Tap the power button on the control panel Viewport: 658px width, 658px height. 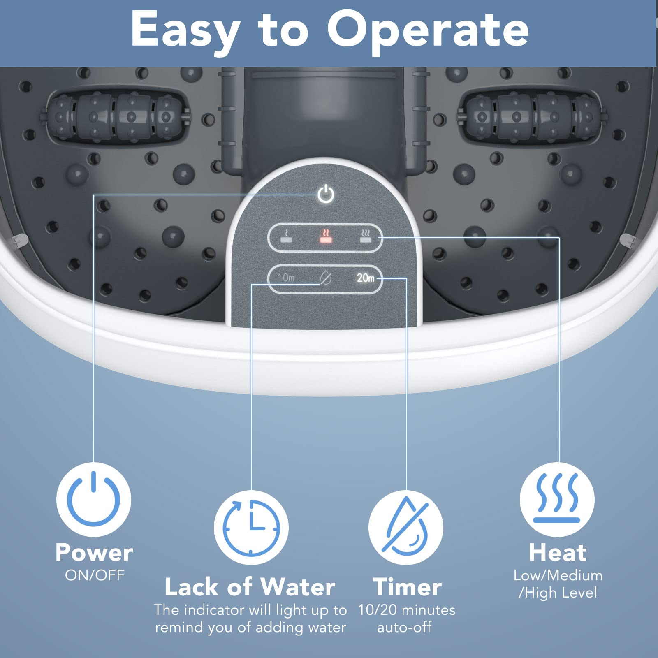point(326,194)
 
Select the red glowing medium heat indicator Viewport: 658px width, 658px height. point(326,236)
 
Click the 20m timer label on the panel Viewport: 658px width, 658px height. point(365,278)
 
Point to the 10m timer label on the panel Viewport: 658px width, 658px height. point(286,278)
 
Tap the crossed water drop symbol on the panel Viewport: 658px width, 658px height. point(326,278)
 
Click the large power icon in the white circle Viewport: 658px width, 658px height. point(94,499)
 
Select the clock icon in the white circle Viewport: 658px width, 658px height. point(251,528)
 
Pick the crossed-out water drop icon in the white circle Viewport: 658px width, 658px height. point(405,528)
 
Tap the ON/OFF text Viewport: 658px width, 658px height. point(95,575)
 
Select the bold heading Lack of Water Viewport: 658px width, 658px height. point(250,587)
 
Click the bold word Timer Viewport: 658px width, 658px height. point(407,587)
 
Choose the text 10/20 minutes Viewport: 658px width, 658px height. point(406,610)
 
